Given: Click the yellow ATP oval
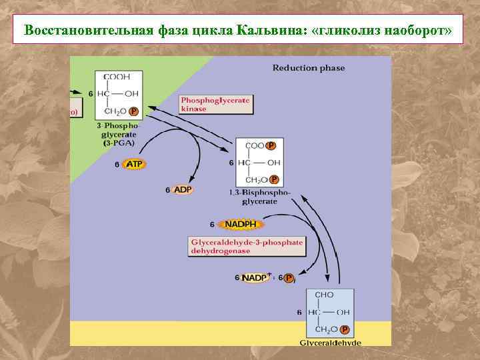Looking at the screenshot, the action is click(x=134, y=164).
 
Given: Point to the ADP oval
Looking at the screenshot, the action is click(x=183, y=190).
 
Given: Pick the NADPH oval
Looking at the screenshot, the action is click(x=241, y=224).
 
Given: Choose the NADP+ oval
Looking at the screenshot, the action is click(x=255, y=277).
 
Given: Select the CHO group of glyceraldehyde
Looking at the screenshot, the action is click(x=324, y=295).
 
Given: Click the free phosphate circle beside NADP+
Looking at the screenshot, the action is click(x=288, y=278).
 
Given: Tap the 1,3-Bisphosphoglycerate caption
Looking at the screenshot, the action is click(x=259, y=195).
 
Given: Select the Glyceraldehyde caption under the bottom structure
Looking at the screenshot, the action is click(x=331, y=342).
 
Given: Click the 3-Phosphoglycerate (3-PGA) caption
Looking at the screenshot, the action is click(x=117, y=133).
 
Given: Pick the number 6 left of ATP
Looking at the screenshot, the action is click(x=117, y=164).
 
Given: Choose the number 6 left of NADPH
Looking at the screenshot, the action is click(x=213, y=224).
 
